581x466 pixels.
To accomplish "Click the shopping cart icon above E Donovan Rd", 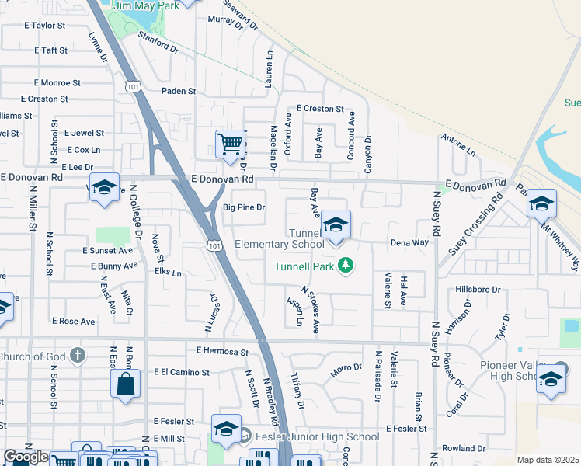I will pos(230,144).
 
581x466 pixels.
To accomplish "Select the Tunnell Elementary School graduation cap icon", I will pos(335,226).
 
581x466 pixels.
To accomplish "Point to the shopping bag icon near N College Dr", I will pos(125,384).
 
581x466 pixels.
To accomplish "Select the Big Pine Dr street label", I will pos(244,207).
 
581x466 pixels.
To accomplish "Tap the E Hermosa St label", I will pos(221,351).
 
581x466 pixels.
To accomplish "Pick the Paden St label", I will pos(179,91).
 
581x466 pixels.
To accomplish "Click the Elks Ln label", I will pos(168,273).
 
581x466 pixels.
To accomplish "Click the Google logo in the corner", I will pos(26,457).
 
